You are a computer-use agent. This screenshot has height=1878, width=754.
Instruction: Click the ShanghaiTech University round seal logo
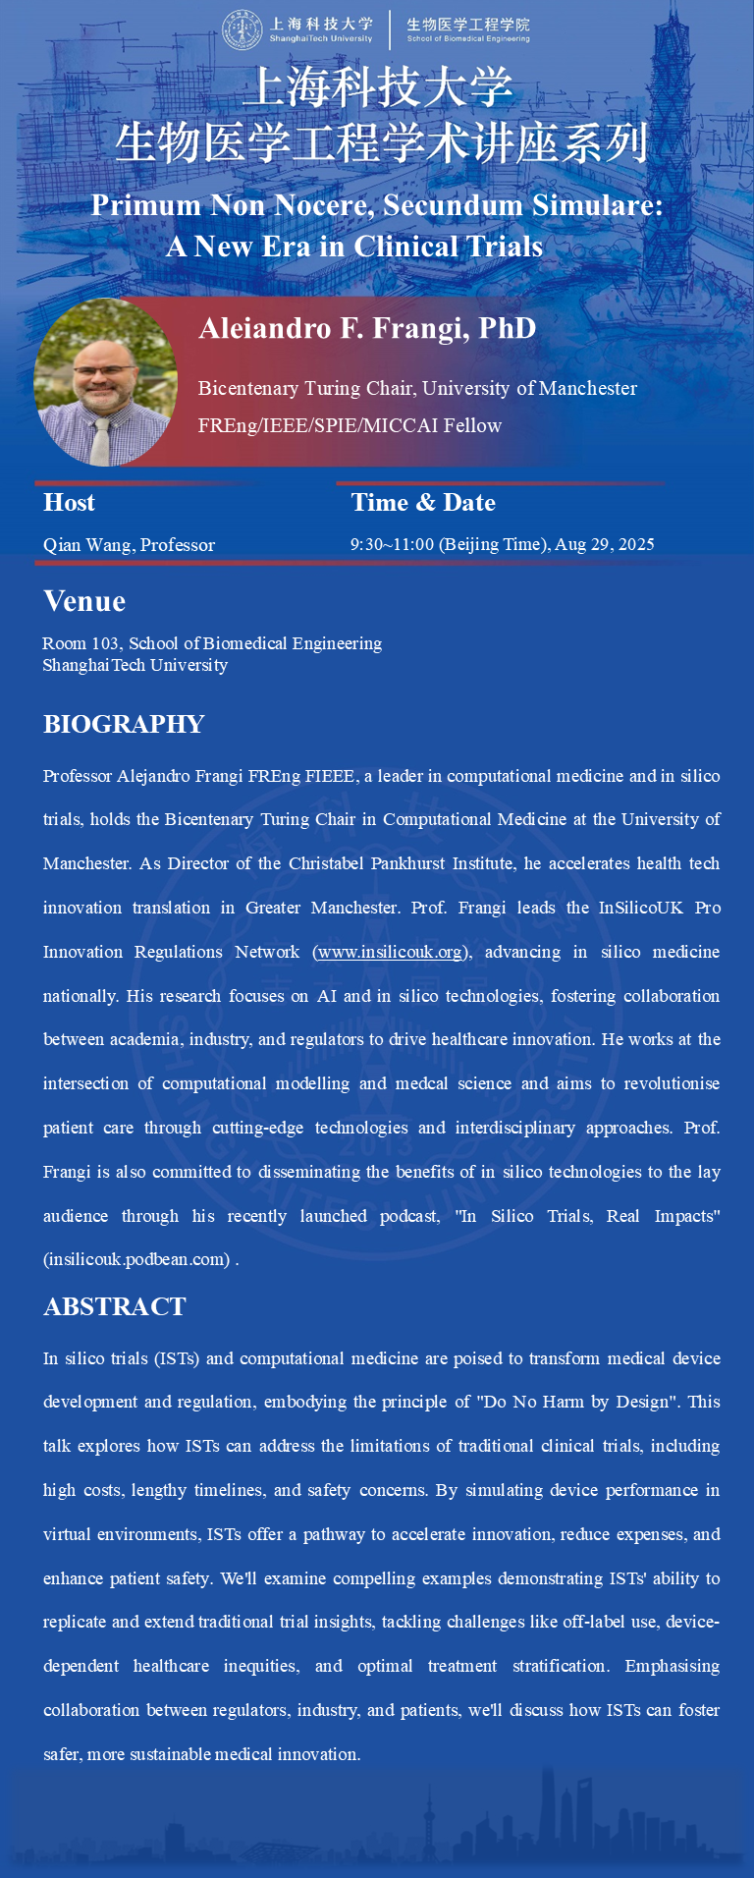point(242,29)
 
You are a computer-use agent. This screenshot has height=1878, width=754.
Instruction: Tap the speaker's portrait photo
point(105,382)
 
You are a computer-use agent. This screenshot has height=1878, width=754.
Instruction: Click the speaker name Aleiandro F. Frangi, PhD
point(367,328)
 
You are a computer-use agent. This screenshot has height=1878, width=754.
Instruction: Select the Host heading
point(69,503)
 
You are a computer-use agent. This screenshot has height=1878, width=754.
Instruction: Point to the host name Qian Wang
point(87,545)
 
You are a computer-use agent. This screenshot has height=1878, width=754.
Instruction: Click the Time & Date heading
point(423,503)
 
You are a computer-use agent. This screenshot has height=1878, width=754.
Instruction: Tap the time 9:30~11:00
point(392,544)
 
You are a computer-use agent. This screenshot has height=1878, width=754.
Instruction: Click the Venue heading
point(84,601)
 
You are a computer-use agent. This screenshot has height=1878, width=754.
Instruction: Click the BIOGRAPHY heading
point(124,725)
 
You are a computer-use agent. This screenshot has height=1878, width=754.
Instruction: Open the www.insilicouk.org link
point(390,952)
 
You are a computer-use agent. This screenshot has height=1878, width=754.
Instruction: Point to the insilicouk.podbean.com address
point(135,1259)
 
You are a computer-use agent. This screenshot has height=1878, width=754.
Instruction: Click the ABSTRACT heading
point(115,1306)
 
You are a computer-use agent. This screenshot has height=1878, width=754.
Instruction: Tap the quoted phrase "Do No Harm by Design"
point(578,1402)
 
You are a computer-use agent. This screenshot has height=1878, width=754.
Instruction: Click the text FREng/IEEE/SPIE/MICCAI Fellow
point(350,425)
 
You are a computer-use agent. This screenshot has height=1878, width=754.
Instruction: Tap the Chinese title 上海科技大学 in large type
point(378,88)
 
